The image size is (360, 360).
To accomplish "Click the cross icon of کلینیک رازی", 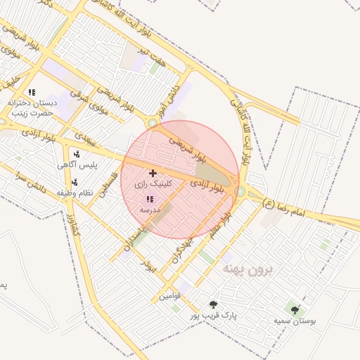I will click(x=153, y=172).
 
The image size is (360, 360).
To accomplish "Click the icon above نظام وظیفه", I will click(x=74, y=182).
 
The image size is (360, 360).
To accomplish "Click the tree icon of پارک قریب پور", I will click(x=213, y=304).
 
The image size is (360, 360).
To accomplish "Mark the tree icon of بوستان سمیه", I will click(x=294, y=309).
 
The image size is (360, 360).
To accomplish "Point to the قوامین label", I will click(x=169, y=296).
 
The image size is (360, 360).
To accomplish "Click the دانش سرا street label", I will click(x=34, y=179).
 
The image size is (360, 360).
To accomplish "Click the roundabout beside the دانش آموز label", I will click(x=153, y=123).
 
